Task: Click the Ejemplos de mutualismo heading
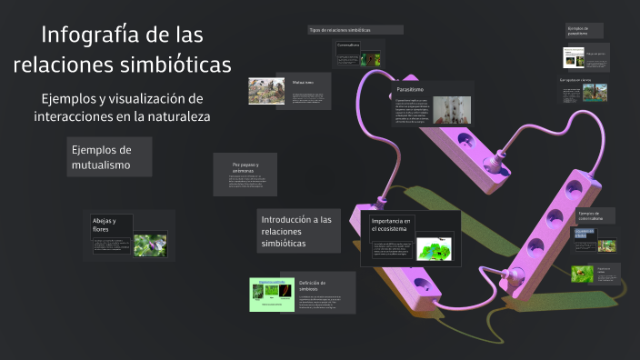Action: click(x=101, y=157)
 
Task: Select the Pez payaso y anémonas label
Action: click(x=245, y=168)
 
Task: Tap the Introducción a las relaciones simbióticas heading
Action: click(x=296, y=231)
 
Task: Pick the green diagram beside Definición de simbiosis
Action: click(x=273, y=295)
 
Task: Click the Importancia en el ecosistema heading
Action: click(x=392, y=226)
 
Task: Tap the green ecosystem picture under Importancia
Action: click(x=434, y=249)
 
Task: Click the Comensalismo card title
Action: click(x=348, y=44)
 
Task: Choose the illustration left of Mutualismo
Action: click(x=267, y=90)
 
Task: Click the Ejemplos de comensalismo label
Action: click(x=591, y=216)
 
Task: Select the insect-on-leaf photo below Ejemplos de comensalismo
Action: click(x=582, y=273)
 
